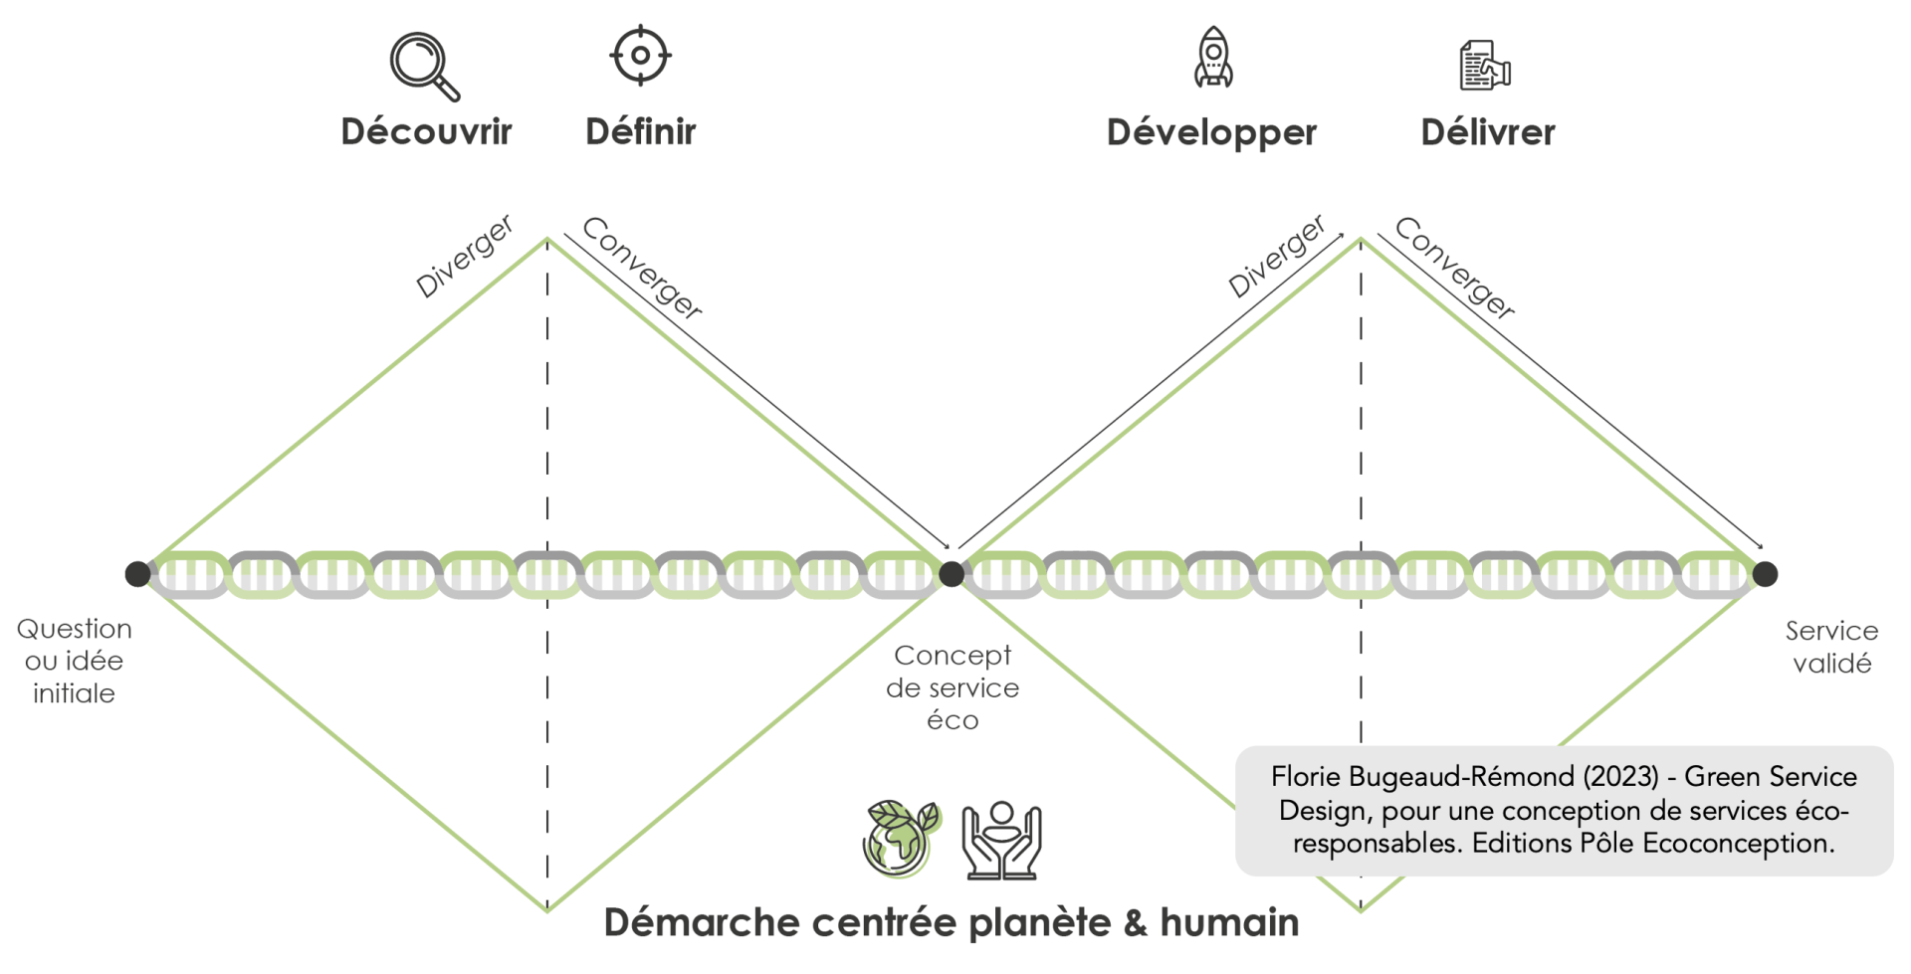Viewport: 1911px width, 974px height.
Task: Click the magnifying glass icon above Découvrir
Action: [424, 66]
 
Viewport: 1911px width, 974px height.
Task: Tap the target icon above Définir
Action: [640, 56]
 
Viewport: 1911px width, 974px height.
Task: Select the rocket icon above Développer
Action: [1213, 58]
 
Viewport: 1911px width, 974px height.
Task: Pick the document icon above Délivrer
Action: [1484, 66]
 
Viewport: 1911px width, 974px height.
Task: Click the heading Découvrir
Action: [426, 131]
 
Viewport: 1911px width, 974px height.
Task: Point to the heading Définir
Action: [640, 131]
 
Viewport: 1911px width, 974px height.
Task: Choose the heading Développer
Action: [1211, 132]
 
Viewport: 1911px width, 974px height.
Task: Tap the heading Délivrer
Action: [1487, 132]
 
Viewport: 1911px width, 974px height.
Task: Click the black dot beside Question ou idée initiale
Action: [137, 574]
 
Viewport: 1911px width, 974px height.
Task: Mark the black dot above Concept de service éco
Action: [952, 574]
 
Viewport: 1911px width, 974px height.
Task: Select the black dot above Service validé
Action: [1765, 574]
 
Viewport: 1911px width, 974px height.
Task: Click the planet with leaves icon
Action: [900, 839]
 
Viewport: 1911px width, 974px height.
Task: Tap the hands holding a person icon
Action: [1001, 841]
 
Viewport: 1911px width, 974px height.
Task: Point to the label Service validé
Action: [1831, 647]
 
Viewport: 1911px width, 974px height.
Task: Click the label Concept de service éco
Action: [953, 687]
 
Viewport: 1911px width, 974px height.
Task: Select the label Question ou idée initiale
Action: [75, 661]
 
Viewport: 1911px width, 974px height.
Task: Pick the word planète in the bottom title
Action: [1039, 923]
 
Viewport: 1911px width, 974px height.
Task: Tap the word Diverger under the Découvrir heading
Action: [465, 256]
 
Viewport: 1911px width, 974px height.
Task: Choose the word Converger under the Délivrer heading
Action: [1455, 268]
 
